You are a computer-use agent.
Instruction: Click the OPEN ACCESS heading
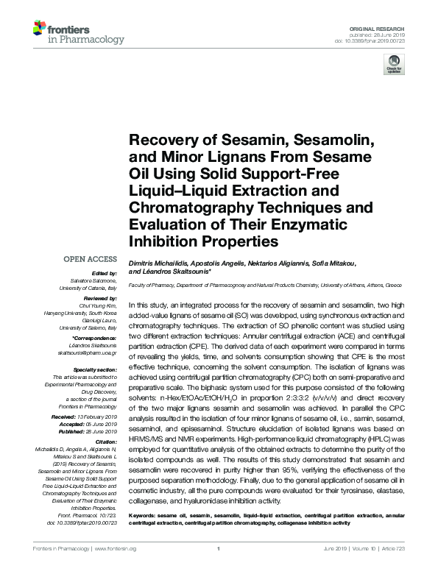[x=90, y=259]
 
